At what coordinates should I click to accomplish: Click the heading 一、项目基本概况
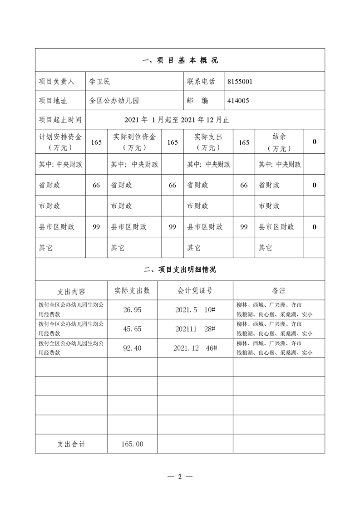(180, 60)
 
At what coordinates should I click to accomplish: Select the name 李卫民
(99, 82)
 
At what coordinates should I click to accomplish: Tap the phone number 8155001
(240, 82)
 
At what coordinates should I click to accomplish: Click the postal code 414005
(238, 101)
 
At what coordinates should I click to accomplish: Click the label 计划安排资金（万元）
(60, 142)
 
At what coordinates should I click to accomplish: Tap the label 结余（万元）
(279, 142)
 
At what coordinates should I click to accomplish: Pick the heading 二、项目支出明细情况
(180, 269)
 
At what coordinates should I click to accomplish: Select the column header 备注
(279, 290)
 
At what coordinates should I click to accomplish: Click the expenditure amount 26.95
(132, 309)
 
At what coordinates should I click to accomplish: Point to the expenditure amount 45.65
(132, 328)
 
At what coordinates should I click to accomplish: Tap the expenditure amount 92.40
(132, 347)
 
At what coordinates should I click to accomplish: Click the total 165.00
(132, 444)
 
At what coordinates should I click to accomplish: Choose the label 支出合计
(71, 444)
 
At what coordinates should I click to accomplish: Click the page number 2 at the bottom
(180, 477)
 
